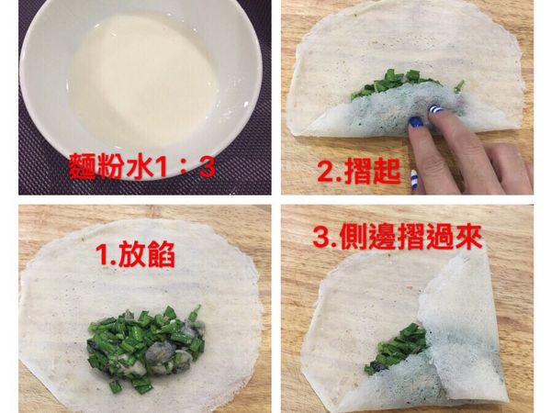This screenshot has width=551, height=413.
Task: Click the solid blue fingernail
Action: click(x=416, y=121)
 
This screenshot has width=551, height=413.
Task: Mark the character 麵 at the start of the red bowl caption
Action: click(x=83, y=167)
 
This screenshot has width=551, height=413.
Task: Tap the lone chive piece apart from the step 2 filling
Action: click(x=458, y=86)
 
